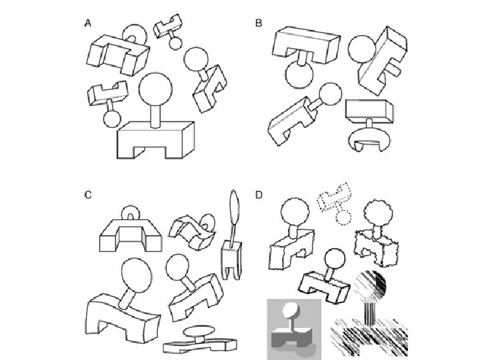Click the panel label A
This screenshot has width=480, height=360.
(87, 23)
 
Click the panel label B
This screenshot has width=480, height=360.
(259, 23)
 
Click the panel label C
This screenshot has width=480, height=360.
(87, 195)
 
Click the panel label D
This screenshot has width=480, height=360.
(259, 195)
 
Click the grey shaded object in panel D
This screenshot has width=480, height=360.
(293, 327)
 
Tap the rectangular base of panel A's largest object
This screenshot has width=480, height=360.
(155, 141)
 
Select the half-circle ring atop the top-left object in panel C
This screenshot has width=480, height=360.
(133, 215)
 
